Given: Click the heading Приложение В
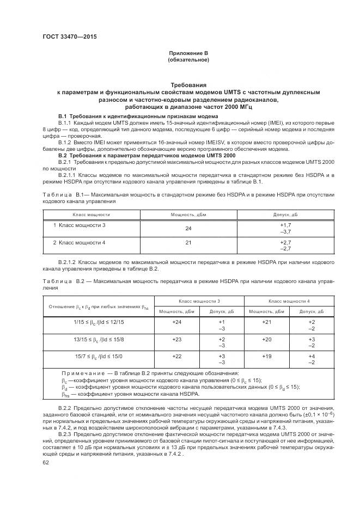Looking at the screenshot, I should click(188, 53).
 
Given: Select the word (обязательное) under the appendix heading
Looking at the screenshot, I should click(188, 60).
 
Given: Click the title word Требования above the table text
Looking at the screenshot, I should click(188, 85).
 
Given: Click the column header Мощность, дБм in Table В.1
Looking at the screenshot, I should click(188, 215).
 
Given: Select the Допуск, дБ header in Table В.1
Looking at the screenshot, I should click(285, 215).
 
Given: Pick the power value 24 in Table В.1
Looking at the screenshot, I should click(188, 228).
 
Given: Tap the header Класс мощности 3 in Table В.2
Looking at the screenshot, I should click(199, 301).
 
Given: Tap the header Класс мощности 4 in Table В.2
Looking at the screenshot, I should click(289, 301).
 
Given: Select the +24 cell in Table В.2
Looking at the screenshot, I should click(176, 322).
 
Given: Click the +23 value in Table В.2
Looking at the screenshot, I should click(176, 339).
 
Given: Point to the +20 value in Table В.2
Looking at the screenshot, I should click(266, 339).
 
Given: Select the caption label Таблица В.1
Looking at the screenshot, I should click(62, 194).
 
